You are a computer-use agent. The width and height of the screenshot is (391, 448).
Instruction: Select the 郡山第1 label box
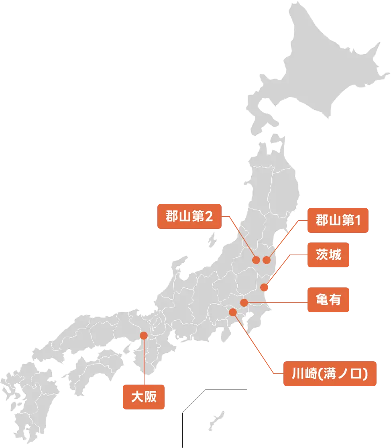click(x=338, y=220)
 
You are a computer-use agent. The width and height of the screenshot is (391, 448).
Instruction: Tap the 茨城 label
click(x=328, y=255)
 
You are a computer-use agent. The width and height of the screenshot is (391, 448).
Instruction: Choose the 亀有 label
click(x=328, y=300)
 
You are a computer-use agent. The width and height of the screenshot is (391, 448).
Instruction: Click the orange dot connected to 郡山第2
click(x=256, y=260)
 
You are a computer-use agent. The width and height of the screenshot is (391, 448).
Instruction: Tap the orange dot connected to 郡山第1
click(x=267, y=260)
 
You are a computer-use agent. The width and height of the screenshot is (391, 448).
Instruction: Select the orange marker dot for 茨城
click(x=264, y=287)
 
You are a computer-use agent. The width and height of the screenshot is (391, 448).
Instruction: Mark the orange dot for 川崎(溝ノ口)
click(x=232, y=312)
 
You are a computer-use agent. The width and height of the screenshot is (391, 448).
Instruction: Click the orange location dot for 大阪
click(x=143, y=335)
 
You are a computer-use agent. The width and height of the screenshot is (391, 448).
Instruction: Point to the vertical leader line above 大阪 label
click(x=143, y=361)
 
